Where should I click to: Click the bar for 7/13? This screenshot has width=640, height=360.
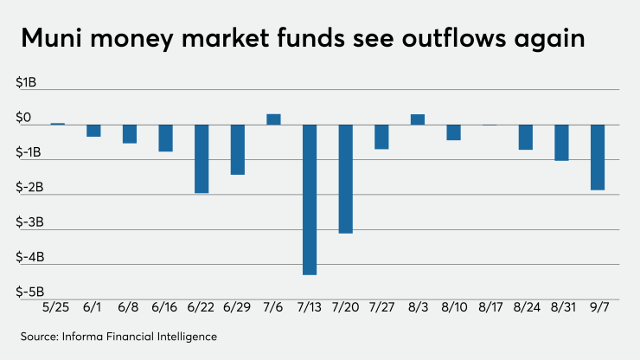click(309, 199)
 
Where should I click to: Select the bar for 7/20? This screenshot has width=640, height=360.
click(345, 179)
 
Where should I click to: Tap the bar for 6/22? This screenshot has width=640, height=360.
click(201, 158)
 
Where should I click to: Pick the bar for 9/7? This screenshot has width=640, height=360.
click(597, 157)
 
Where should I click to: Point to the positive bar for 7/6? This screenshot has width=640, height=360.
click(273, 119)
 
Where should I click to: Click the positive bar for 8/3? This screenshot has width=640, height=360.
click(417, 119)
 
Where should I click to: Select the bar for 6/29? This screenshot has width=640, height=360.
click(237, 150)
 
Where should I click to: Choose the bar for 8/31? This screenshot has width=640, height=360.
click(561, 143)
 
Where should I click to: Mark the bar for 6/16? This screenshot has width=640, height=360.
click(165, 138)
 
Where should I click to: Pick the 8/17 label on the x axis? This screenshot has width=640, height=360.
click(490, 308)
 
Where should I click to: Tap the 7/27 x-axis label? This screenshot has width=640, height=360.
click(381, 308)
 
